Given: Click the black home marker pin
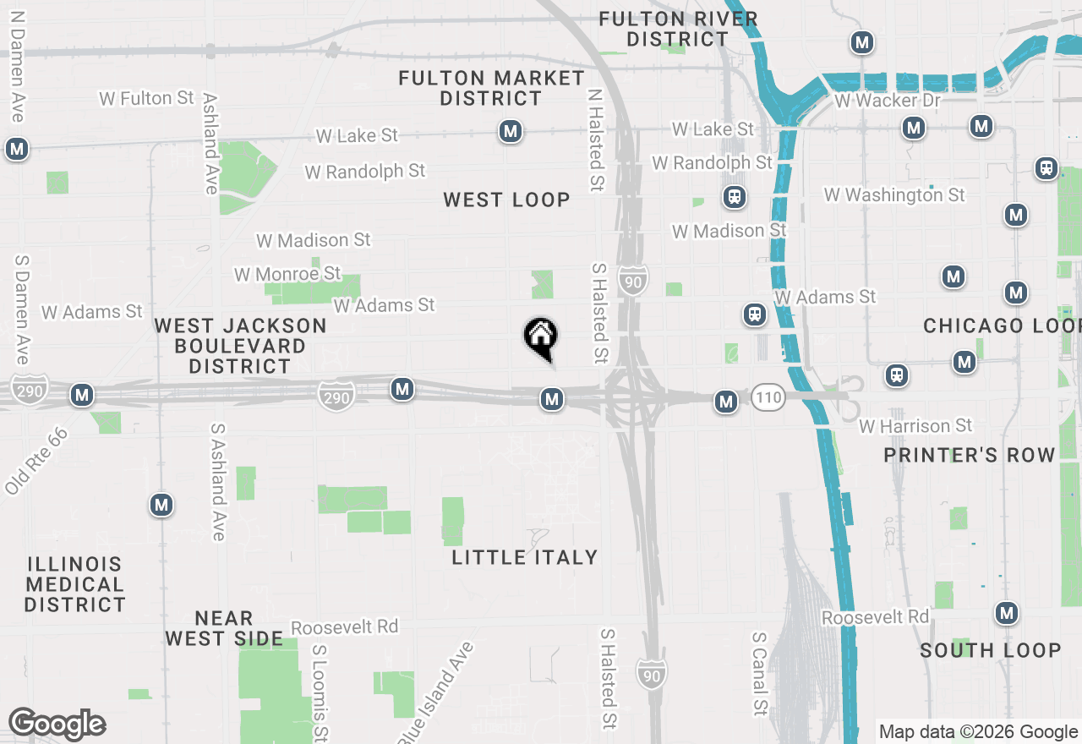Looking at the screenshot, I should [x=540, y=338].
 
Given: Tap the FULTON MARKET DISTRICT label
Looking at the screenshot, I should [x=491, y=89].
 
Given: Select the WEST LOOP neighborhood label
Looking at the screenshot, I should [x=506, y=200].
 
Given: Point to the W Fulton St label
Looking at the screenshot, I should [x=147, y=98].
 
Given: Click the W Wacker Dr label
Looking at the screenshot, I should [x=887, y=101].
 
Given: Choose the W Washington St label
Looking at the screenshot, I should [x=894, y=195].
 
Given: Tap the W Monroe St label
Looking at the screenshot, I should [x=287, y=274].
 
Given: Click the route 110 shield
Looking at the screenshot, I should [x=768, y=398].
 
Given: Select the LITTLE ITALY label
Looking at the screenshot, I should [x=525, y=557].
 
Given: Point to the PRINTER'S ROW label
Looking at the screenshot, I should [x=970, y=455].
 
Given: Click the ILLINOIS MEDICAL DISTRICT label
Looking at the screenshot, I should [x=74, y=584].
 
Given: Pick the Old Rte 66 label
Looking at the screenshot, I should [x=35, y=462].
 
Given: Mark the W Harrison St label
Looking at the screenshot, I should [x=915, y=426].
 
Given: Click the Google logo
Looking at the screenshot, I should [x=57, y=725].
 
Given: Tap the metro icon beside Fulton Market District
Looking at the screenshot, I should [x=510, y=131].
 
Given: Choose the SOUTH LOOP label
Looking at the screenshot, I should [x=990, y=650].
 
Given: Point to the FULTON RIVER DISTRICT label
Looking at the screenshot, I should [x=678, y=29].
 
